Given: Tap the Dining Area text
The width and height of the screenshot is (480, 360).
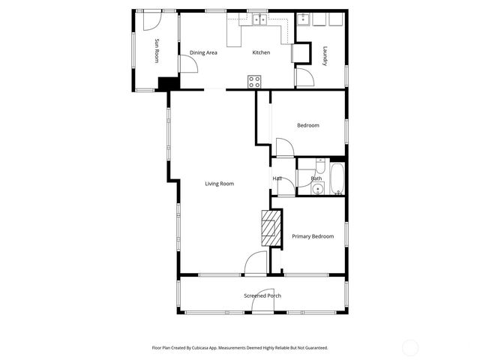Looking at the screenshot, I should [203, 52].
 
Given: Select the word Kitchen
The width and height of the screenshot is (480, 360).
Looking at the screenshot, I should [261, 52].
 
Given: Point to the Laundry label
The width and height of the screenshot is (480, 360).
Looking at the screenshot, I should [325, 56].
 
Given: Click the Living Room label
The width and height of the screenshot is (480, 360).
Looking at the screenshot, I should [220, 184].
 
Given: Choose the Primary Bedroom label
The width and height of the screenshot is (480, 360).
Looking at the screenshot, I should [313, 236].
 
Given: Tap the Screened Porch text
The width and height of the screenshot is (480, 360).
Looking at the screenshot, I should [262, 295].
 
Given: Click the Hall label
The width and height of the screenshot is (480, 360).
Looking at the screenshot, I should [277, 178].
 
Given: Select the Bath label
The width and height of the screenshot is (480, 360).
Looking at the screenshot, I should [316, 178].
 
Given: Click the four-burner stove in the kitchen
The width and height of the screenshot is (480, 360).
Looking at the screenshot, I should [254, 81].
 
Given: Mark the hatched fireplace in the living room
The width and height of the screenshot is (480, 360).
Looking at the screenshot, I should [270, 228].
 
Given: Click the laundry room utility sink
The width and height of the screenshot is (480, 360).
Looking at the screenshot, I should [305, 19].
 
